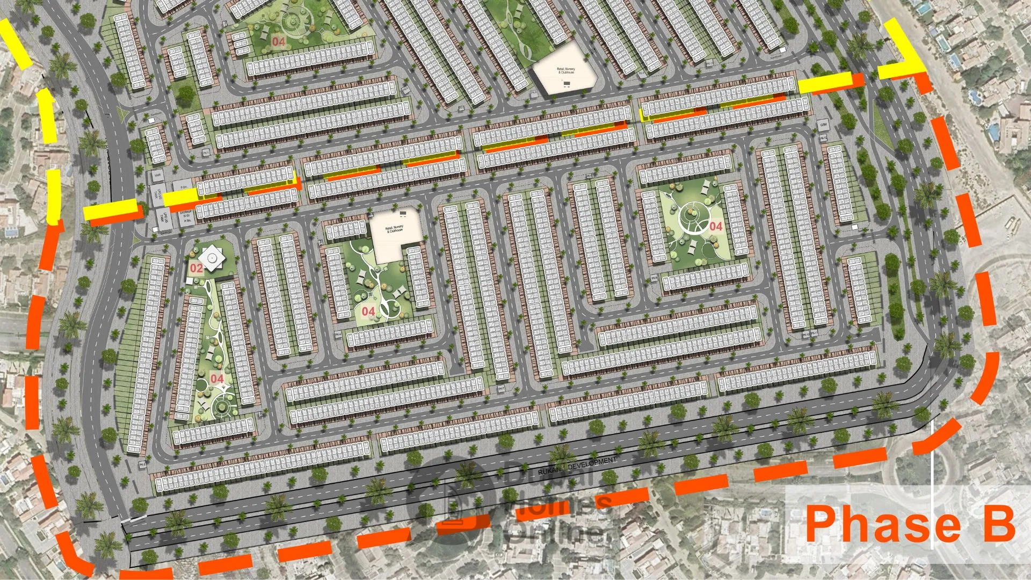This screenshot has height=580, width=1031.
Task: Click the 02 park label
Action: [x=197, y=268]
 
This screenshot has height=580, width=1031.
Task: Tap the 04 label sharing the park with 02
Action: [x=217, y=379]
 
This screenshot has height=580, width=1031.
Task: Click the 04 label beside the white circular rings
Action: [x=716, y=226]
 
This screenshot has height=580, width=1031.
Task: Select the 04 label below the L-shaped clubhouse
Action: [x=368, y=311]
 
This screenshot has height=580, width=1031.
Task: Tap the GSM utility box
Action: [x=823, y=125]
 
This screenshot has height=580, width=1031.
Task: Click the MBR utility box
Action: [x=157, y=176]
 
